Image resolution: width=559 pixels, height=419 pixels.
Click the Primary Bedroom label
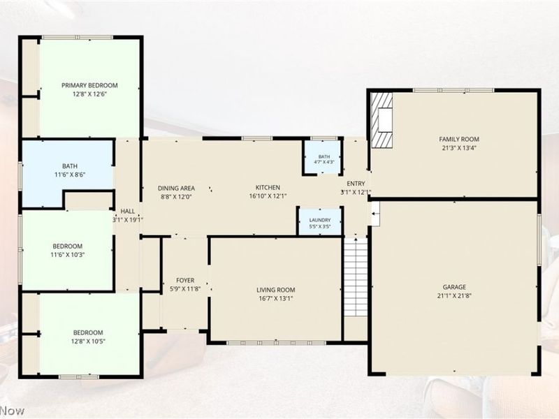[x=89, y=85]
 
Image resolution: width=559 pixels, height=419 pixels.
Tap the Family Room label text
[x=459, y=139]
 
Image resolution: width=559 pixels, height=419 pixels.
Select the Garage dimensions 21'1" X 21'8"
[x=454, y=295]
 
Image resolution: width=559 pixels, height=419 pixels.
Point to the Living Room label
[x=275, y=290]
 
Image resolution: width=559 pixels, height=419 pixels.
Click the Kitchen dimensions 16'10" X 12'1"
[x=268, y=196]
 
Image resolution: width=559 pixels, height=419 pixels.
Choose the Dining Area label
[x=176, y=188]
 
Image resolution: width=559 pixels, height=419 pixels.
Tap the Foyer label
[x=185, y=281]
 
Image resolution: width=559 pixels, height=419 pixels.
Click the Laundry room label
[x=320, y=220]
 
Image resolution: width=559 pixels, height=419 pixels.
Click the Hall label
[x=128, y=212]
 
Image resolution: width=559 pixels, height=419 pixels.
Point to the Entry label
[x=356, y=184]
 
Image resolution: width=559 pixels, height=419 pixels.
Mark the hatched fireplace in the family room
[x=382, y=120]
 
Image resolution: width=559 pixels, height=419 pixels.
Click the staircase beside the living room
[x=355, y=277]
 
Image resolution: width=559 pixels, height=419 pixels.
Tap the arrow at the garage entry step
[x=375, y=214]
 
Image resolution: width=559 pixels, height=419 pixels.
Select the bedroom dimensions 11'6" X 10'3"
[x=67, y=255]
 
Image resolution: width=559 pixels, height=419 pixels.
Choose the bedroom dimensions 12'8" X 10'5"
[x=88, y=341]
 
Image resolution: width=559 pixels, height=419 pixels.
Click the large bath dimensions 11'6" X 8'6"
[x=69, y=175]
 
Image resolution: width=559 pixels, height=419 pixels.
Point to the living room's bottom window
[x=276, y=343]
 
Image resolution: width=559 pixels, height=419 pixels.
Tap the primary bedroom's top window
[x=78, y=37]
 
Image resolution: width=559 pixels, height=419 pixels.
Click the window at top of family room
[x=453, y=90]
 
